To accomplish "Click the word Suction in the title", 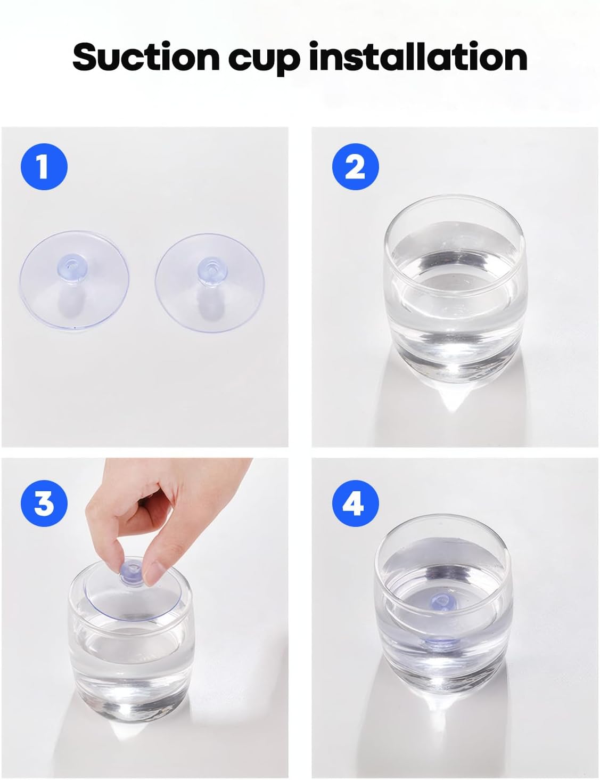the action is tap(146, 56).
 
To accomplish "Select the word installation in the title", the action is tap(418, 56).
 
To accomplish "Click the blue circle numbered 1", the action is tap(44, 167).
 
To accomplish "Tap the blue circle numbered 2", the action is tap(356, 167).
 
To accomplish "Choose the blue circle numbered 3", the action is tap(44, 503).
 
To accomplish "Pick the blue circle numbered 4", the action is tap(356, 503).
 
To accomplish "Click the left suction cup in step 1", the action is tap(74, 281).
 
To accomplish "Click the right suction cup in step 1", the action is tap(210, 283).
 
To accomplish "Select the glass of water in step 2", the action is tap(455, 289).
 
